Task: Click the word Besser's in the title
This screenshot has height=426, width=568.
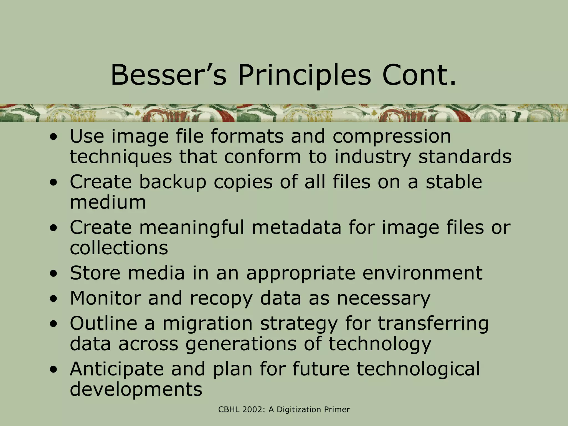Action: tap(169, 75)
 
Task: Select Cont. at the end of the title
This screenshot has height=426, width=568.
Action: tap(419, 75)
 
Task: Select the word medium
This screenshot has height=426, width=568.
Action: tap(108, 202)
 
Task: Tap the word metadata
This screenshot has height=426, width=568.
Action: tap(296, 228)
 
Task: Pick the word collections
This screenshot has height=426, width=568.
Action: tap(119, 248)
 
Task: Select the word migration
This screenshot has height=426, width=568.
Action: tap(207, 323)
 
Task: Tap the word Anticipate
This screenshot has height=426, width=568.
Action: tap(117, 369)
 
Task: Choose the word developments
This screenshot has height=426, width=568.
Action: tap(136, 389)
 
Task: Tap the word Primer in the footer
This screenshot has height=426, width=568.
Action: tap(337, 410)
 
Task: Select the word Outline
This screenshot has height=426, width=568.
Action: tap(103, 323)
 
